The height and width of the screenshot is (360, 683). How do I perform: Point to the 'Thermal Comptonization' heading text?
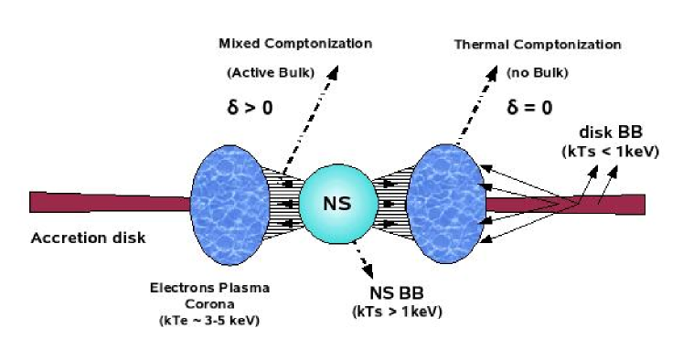[537, 44]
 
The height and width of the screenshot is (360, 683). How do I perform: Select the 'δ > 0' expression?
[250, 108]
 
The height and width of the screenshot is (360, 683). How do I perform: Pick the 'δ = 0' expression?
[531, 108]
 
